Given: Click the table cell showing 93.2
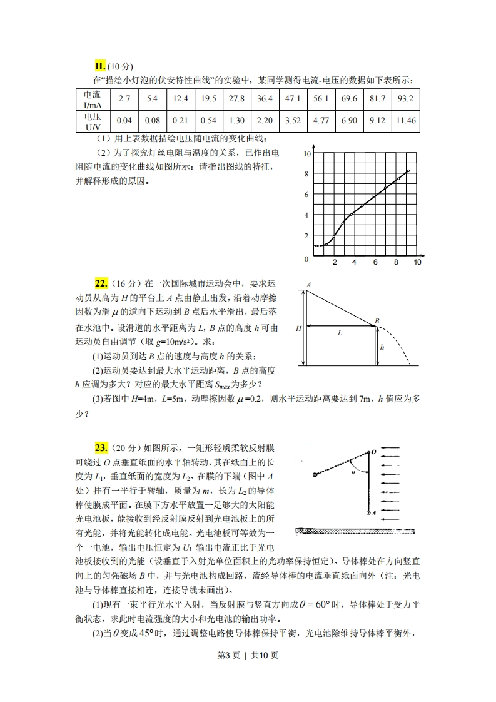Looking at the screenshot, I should tap(405, 99).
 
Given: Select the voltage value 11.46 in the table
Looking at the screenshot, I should tap(405, 120).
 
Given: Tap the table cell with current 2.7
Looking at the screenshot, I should tap(124, 99).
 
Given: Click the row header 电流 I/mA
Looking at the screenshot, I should tap(92, 99).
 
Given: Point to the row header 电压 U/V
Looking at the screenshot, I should tap(92, 120).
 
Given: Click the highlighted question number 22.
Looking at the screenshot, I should tap(101, 283).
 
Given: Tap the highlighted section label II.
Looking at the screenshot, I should tap(100, 66).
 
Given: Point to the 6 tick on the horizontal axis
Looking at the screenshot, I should tap(375, 262).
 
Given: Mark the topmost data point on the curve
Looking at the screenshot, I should tap(408, 171).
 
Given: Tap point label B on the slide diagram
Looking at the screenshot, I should tap(377, 321).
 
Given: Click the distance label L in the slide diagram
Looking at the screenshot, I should tap(340, 333).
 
